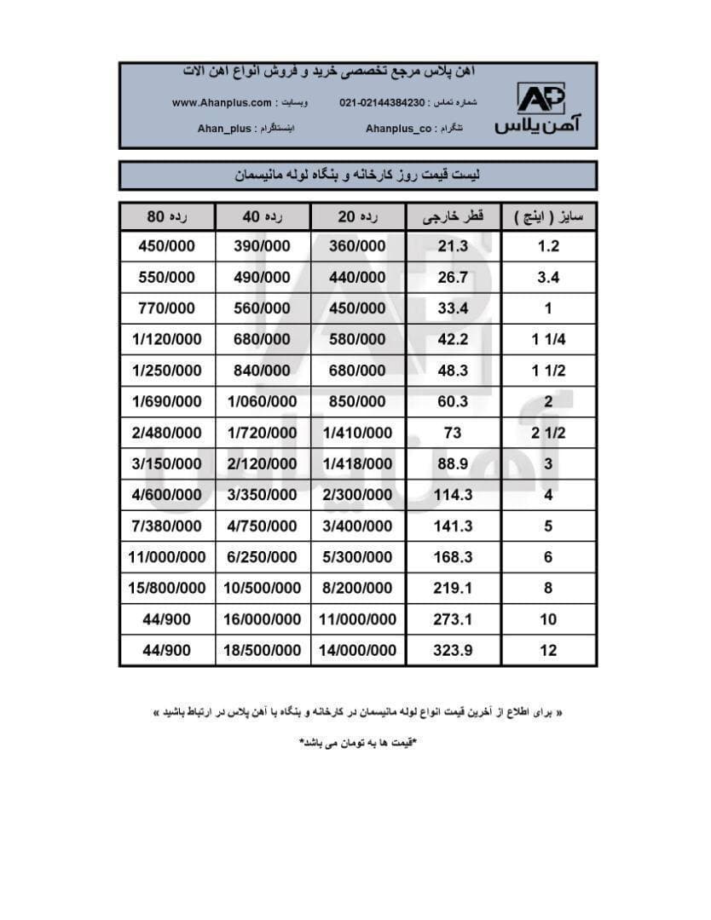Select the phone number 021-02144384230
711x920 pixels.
[381, 103]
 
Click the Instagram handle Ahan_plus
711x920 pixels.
[224, 129]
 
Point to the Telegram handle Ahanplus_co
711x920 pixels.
[401, 129]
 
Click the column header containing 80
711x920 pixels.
[167, 217]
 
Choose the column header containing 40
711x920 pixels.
[263, 217]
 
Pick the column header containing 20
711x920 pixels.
[358, 217]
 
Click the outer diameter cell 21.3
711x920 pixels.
[453, 247]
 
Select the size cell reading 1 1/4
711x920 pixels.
[548, 340]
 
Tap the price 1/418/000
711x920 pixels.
[358, 464]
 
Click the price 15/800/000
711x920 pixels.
[167, 588]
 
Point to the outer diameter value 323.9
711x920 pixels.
[453, 650]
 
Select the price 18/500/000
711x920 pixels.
[263, 650]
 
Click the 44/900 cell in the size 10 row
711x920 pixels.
[167, 619]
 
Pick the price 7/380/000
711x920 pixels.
[167, 526]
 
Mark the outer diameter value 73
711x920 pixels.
[453, 433]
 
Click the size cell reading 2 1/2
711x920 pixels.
[548, 433]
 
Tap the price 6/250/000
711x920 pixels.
[263, 557]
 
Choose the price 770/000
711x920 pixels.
[167, 308]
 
